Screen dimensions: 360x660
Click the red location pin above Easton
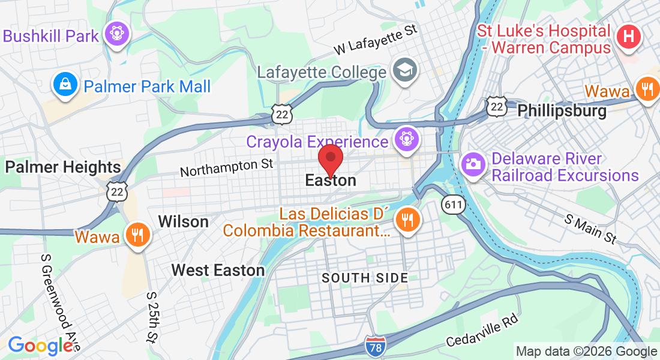click(330, 158)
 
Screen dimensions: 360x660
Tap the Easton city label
click(330, 180)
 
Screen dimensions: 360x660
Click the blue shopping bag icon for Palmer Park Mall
click(64, 85)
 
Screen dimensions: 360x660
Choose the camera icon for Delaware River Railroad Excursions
click(473, 164)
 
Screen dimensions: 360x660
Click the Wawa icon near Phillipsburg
click(647, 90)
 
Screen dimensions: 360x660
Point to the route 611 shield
click(454, 205)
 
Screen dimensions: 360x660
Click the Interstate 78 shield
click(375, 345)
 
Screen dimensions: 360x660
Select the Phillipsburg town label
click(562, 111)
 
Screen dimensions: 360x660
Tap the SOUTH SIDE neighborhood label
click(365, 278)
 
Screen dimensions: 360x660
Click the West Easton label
click(218, 270)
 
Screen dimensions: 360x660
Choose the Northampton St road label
click(226, 167)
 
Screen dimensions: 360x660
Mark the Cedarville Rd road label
click(482, 331)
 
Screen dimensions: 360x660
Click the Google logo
click(40, 346)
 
